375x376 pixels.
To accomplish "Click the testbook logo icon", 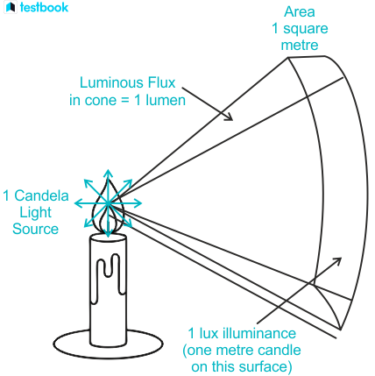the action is coord(11,7).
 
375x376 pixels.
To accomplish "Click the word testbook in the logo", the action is coord(44,7).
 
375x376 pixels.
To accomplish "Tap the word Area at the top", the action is coord(300,12).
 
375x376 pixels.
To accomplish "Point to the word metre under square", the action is coord(300,46).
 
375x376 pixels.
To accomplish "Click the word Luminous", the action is coord(112,82).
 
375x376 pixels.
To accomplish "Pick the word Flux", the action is coord(161,82).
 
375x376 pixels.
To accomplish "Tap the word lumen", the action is coord(166,100).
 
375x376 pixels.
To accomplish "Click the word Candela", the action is coord(41,195).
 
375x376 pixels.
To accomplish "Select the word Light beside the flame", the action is coord(35,213).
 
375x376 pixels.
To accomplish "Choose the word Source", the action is coord(35,229).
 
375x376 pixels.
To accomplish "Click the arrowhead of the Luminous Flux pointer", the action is coord(229,117).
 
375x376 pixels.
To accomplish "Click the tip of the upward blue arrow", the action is coord(108,170).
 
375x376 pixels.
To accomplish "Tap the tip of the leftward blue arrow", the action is coord(75,203).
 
